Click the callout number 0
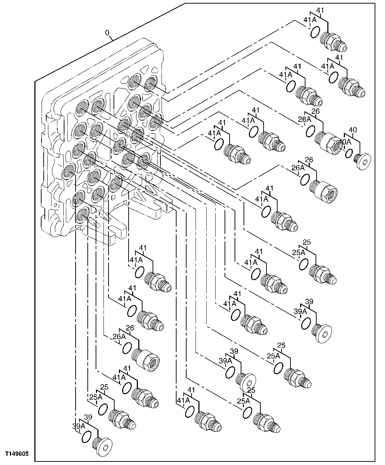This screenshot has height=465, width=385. (x=107, y=33)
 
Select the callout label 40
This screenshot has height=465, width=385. (x=353, y=130)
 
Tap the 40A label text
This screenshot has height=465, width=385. (x=345, y=142)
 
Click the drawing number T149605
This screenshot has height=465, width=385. (x=16, y=454)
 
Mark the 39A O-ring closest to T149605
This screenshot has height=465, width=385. (x=87, y=437)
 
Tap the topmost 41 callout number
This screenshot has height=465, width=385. (x=320, y=11)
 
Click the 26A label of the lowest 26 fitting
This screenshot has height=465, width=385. (x=119, y=336)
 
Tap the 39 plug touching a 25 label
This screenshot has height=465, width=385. (x=246, y=382)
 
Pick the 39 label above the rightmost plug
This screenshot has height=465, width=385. (x=309, y=302)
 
